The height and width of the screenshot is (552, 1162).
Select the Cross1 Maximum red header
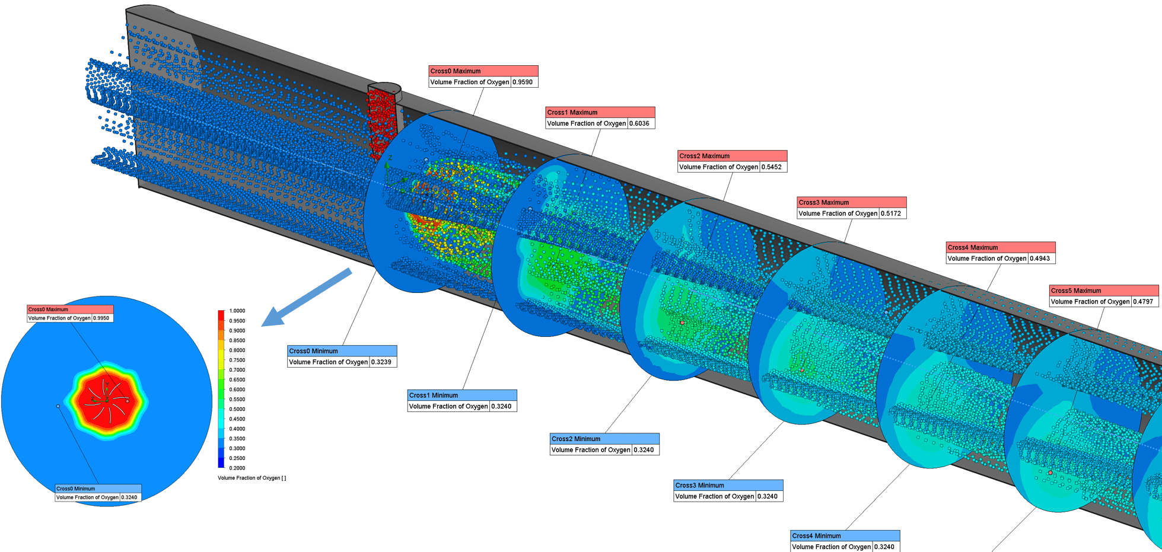[x=600, y=112]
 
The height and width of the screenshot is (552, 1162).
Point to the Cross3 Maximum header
[x=851, y=202]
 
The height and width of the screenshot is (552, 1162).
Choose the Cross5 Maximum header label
[x=1104, y=291]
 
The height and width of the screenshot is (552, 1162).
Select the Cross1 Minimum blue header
[x=462, y=395]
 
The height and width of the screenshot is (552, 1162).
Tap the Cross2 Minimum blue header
[x=604, y=439]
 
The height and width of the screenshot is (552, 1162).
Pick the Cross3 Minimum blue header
[x=728, y=485]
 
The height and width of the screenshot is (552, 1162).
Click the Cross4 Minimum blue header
[x=845, y=535]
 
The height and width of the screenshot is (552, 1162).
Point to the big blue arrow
[x=307, y=297]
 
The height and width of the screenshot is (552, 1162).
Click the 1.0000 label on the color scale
[x=237, y=311]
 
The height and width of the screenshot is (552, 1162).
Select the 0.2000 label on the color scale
[x=237, y=468]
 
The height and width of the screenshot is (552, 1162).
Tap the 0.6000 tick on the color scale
[x=237, y=390]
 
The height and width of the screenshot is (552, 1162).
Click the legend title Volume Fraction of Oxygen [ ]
[x=251, y=478]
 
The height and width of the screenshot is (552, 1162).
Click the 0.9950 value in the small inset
[x=103, y=318]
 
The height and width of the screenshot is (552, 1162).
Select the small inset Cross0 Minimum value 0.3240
[x=130, y=497]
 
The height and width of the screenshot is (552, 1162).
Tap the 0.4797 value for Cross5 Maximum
[x=1145, y=302]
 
